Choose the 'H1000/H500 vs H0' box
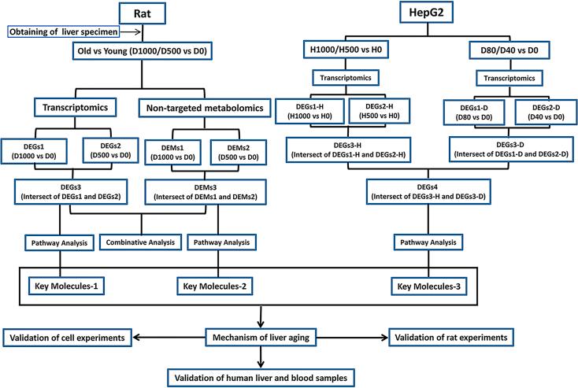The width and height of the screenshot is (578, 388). pos(346,50)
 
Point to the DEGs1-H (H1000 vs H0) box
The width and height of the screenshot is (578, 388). pos(311,114)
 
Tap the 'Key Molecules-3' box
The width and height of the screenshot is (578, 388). pos(430,282)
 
